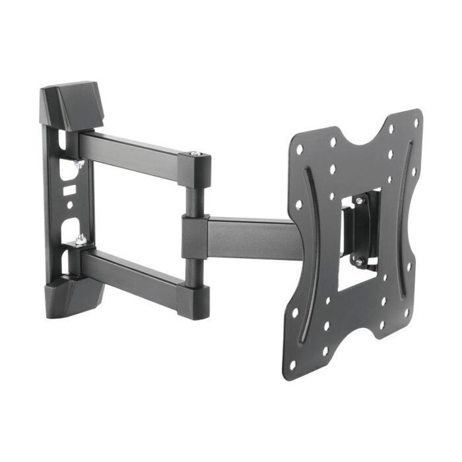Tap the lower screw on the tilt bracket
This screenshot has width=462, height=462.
click(x=360, y=262)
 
